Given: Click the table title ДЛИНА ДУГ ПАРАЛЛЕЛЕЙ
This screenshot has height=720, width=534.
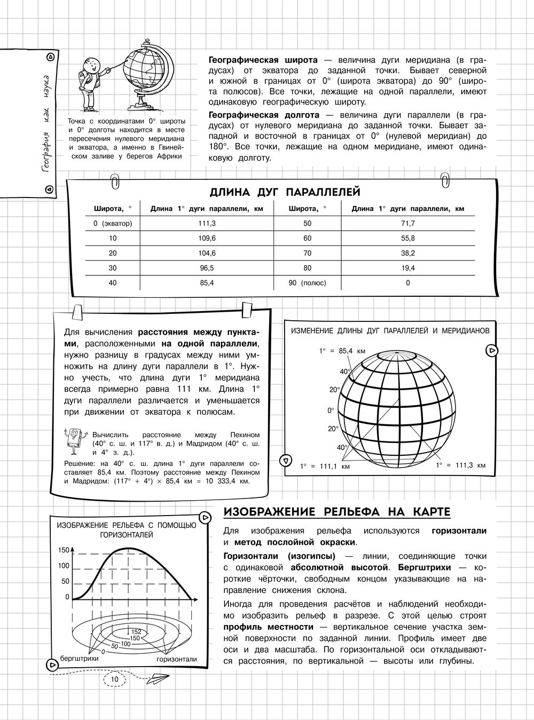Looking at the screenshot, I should coord(285,192).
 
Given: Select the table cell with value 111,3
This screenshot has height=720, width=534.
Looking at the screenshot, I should coord(207,224).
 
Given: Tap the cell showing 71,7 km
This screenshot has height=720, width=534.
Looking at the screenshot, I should coord(408,224).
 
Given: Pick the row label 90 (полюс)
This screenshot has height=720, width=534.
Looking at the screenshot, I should coord(307,283).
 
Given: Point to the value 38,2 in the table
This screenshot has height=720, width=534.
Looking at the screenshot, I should coord(408,253).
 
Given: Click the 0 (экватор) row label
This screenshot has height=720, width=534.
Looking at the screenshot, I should coord(113,224).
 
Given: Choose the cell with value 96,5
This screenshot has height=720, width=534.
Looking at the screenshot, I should coord(207,268).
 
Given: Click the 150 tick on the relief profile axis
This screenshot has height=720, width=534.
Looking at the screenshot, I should coord(64,550).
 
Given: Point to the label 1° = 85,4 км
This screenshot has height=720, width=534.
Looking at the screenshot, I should coord(342,351).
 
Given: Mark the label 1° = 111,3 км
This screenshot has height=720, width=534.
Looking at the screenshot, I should coord(461,465).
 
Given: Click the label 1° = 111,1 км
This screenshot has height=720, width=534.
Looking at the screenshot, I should coord(325,466).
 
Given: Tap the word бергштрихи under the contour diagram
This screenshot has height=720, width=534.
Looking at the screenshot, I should coord(80,659).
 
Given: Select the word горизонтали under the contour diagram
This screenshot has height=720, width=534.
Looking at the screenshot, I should coord(177,659).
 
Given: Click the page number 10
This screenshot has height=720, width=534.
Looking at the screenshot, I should coord(114,679).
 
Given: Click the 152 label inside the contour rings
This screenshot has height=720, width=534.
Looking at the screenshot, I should coord(136,632).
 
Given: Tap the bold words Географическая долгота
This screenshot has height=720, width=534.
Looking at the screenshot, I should coord(264,115).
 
